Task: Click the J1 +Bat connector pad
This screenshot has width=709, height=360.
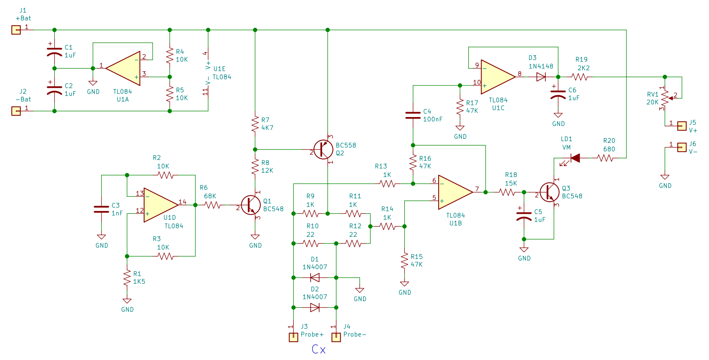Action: coord(16,30)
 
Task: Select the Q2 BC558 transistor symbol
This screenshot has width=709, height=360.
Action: coord(323,149)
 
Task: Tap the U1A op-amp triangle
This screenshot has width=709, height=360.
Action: coord(123,68)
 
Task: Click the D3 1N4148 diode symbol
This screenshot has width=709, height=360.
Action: coord(541,77)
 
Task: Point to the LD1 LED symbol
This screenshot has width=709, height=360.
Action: coord(575,158)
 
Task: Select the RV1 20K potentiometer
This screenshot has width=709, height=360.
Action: coord(665,98)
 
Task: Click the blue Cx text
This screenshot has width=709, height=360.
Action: coord(318,349)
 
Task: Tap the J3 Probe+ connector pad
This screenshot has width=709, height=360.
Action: coord(293,337)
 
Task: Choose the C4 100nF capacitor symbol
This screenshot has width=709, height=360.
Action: coord(413,115)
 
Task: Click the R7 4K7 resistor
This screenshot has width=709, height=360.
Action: coord(255,124)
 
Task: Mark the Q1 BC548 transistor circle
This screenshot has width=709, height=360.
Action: coord(251,205)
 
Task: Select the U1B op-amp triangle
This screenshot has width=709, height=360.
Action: coord(456,192)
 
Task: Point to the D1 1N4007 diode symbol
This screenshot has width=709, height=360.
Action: coord(315,277)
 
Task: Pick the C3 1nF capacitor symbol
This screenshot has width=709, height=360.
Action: coord(101,209)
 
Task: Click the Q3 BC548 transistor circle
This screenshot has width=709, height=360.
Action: coord(550,192)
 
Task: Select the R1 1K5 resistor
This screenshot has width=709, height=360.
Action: coord(127,278)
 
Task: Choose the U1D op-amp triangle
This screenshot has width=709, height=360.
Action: coord(161,205)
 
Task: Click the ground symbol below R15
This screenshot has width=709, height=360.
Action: coord(404,283)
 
